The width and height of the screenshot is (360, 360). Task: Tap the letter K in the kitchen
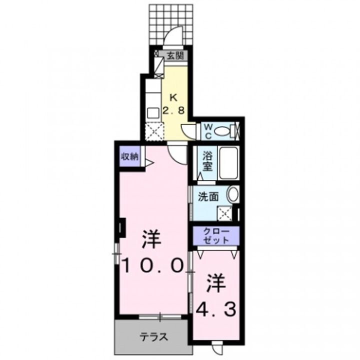tap(173, 98)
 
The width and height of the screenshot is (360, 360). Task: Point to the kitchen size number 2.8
tap(173, 110)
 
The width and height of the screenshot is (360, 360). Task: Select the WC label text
tap(207, 131)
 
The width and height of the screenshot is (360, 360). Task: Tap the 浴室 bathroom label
tap(208, 162)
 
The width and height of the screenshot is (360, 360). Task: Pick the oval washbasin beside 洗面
tap(232, 194)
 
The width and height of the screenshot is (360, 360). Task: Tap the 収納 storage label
tap(129, 156)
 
